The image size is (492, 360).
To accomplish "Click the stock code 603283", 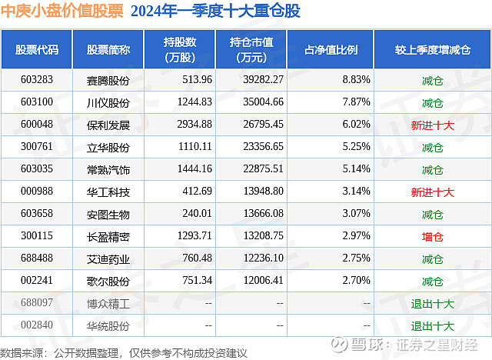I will [x=37, y=79].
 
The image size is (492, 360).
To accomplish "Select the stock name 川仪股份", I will [x=108, y=102].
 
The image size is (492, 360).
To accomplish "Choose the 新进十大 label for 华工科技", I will [x=432, y=192].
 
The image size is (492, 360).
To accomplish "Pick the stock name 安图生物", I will [x=108, y=215].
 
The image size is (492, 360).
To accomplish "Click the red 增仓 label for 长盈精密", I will [x=432, y=237].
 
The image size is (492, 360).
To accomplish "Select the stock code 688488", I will [x=37, y=259].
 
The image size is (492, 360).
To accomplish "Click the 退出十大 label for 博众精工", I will [x=432, y=305].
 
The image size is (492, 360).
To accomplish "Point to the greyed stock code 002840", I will [x=37, y=326].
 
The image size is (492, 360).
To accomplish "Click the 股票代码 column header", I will [x=37, y=50].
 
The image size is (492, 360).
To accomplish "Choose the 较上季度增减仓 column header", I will [x=432, y=50].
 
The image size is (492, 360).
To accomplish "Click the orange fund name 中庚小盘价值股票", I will [x=62, y=12].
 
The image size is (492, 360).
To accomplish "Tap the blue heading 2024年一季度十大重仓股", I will [x=216, y=12].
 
